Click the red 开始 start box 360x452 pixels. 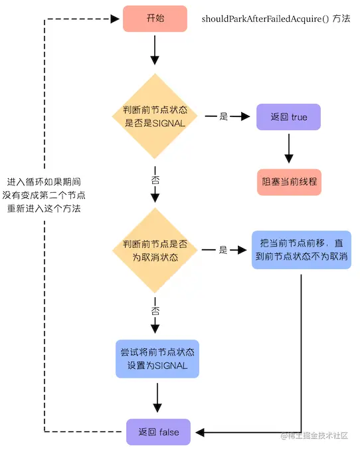click(x=155, y=19)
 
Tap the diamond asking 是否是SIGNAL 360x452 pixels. click(x=155, y=116)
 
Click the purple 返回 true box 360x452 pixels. click(x=288, y=116)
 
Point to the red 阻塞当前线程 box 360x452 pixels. click(x=288, y=181)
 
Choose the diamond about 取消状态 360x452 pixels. click(x=155, y=250)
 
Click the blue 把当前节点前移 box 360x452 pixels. click(x=301, y=250)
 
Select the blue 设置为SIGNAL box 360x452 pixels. click(x=157, y=359)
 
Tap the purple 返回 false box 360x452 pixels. click(x=157, y=432)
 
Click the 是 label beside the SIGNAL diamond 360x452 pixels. click(x=223, y=116)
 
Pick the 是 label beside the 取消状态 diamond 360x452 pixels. click(x=223, y=250)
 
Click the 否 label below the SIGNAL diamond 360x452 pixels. click(x=155, y=179)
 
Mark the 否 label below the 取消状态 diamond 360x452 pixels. click(x=155, y=311)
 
